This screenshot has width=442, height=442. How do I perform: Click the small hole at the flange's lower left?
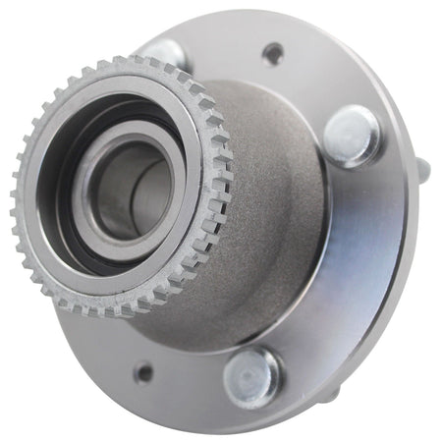pyautogui.click(x=144, y=372)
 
